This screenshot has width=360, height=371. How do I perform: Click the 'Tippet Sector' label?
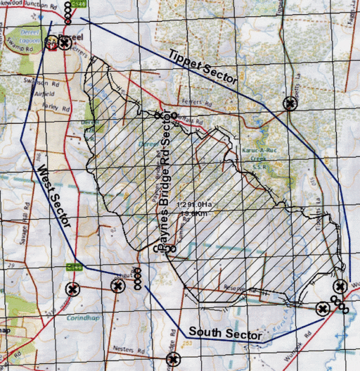[202, 68]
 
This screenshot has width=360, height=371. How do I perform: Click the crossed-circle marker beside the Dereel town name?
[65, 43]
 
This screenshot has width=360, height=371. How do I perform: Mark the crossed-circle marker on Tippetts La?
[290, 104]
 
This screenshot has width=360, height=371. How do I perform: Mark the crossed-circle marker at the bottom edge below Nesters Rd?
[173, 360]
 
